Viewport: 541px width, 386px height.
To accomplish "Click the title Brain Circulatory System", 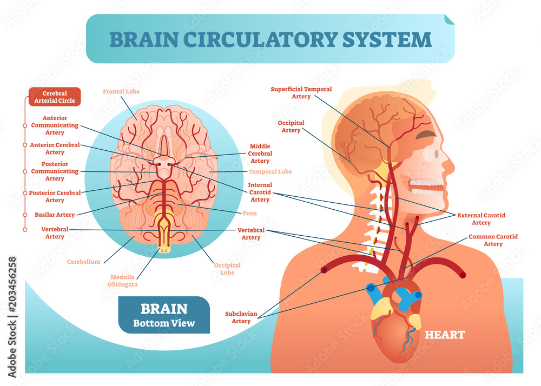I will tap(270, 39).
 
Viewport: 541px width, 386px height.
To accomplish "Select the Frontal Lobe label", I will tap(121, 92).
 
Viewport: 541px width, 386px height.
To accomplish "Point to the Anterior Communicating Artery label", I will tap(55, 125).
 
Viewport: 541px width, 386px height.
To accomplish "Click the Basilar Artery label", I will tap(55, 215).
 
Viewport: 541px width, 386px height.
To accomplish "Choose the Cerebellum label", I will tap(83, 262).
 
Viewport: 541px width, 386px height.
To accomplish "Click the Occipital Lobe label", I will tap(227, 269).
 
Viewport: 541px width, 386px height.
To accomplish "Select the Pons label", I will tap(249, 214).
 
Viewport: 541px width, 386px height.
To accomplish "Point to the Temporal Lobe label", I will tap(270, 172).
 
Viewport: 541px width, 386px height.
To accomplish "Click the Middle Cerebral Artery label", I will tap(260, 154).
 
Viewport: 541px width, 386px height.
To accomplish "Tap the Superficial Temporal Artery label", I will tap(301, 92).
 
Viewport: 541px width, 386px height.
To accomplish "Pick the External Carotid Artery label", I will tap(481, 218).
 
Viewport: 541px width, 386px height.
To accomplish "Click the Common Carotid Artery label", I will tap(493, 240).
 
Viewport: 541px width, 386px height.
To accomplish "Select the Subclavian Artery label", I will tap(241, 317).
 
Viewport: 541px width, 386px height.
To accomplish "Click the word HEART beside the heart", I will tap(445, 335).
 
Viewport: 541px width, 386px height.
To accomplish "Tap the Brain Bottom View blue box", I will tap(163, 315).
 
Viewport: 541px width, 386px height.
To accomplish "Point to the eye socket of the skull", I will tap(429, 152).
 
